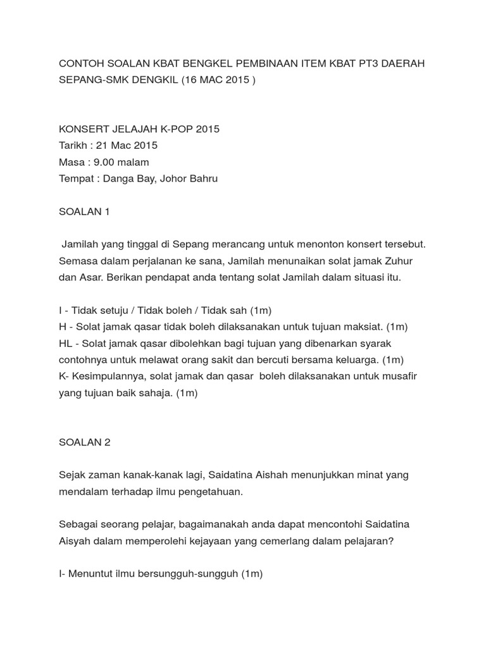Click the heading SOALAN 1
(84, 212)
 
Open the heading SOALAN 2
(84, 442)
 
